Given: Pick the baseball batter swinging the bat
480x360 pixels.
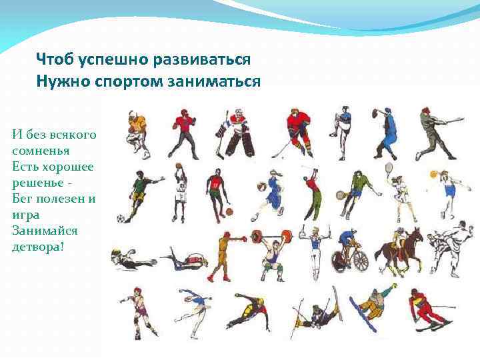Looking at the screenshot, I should coord(436,133).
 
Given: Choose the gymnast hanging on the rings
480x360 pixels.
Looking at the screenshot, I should coord(311,250).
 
